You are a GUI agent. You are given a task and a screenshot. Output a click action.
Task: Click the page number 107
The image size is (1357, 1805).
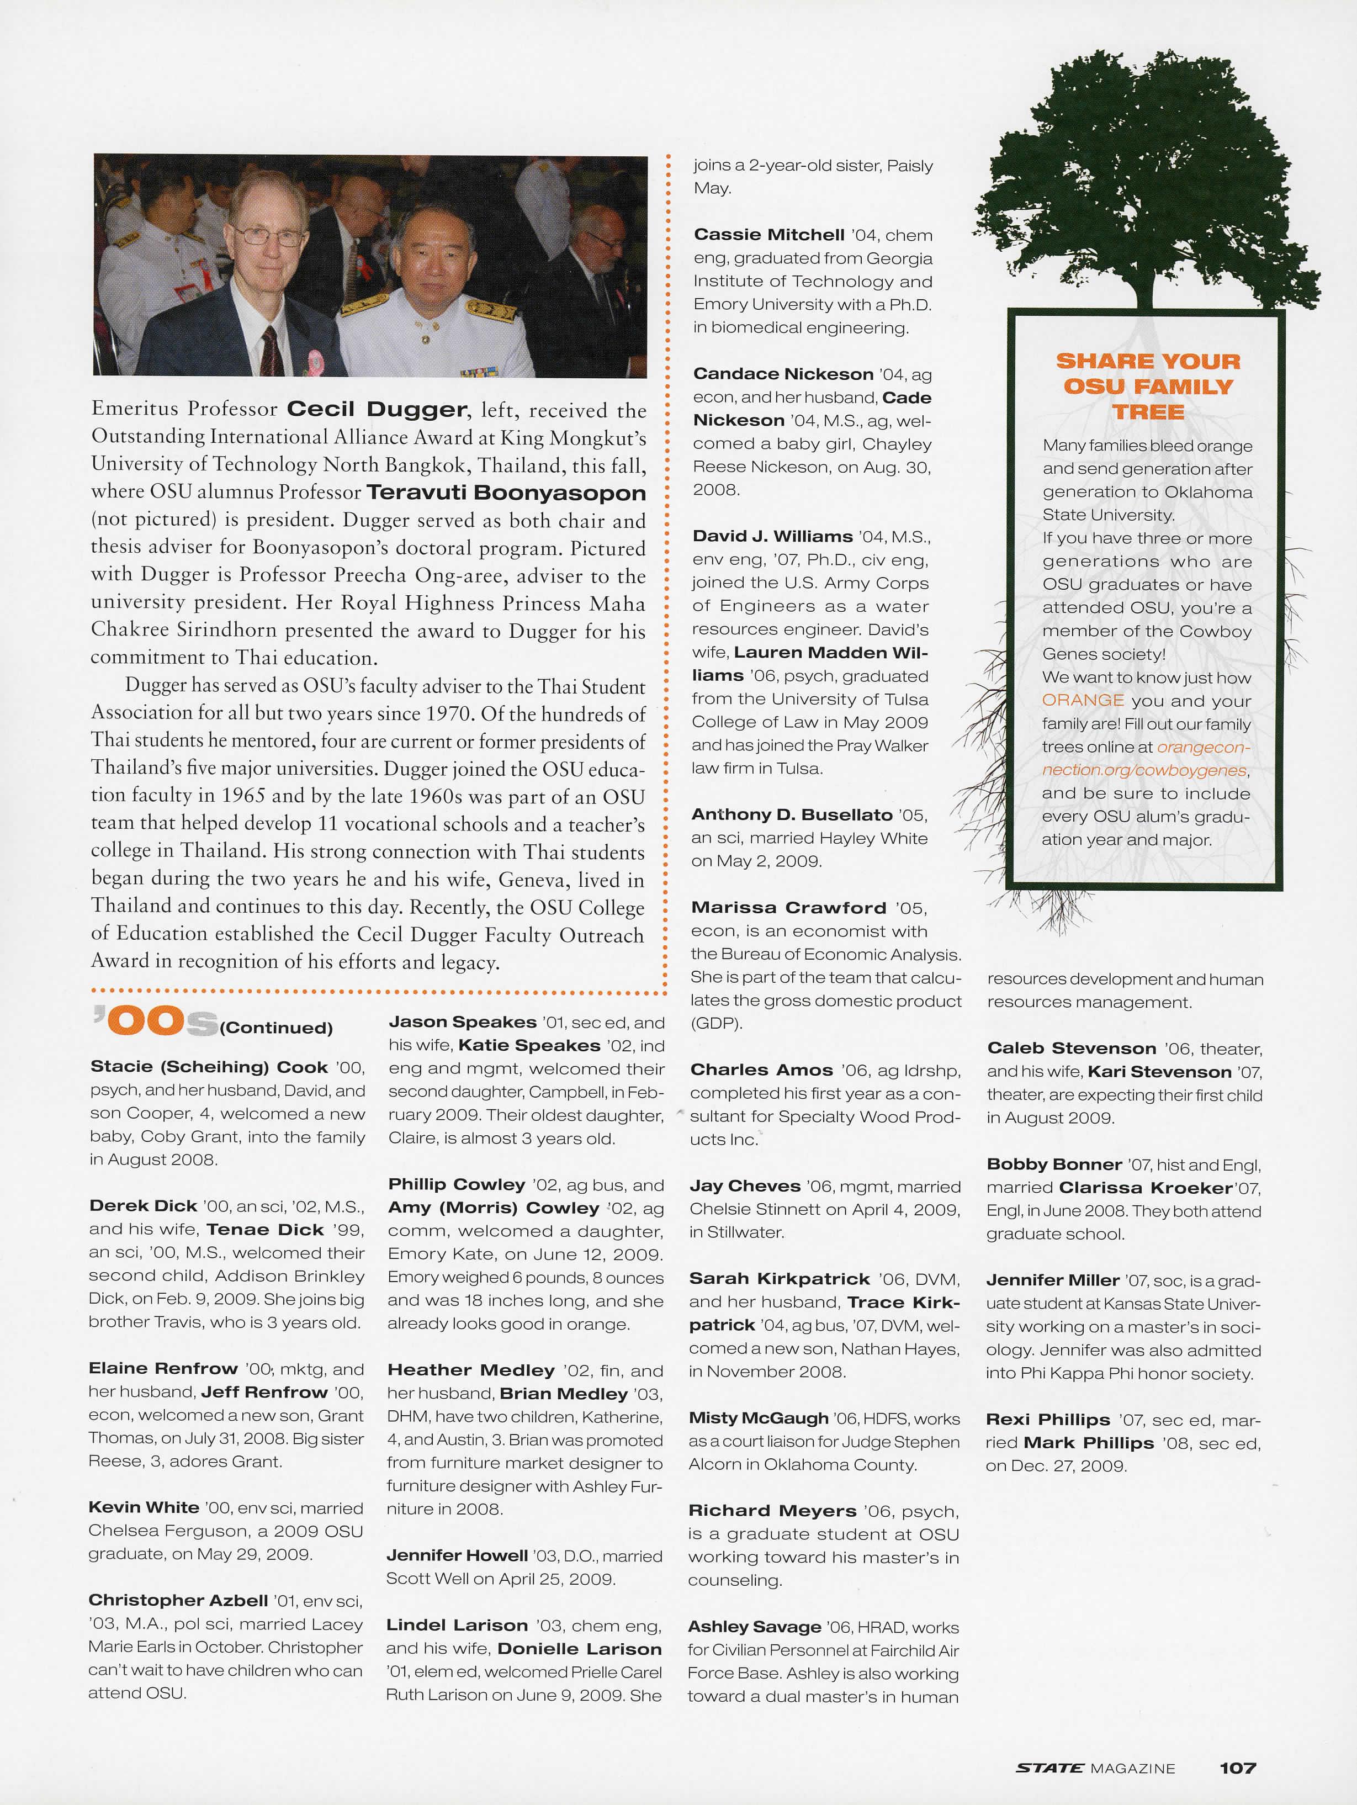[x=1237, y=1768]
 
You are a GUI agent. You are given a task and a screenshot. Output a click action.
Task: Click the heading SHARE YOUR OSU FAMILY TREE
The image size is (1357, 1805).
[x=1148, y=386]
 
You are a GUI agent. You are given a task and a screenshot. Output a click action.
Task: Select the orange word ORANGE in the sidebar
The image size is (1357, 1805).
[x=1082, y=700]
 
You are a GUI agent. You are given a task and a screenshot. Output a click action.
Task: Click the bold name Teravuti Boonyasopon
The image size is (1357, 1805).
[x=506, y=493]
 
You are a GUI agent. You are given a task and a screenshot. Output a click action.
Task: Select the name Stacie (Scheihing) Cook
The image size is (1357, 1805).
[x=209, y=1067]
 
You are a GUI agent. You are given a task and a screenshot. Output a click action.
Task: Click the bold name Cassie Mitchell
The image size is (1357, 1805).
[x=768, y=235]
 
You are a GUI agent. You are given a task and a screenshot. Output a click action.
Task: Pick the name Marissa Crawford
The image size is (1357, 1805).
[x=788, y=907]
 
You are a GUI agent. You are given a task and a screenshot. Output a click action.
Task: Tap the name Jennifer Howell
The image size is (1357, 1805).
[x=457, y=1555]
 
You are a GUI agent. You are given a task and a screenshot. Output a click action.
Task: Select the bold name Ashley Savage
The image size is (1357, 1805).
[x=754, y=1627]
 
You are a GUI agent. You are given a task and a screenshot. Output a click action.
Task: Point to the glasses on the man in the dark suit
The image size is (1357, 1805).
[x=267, y=236]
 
